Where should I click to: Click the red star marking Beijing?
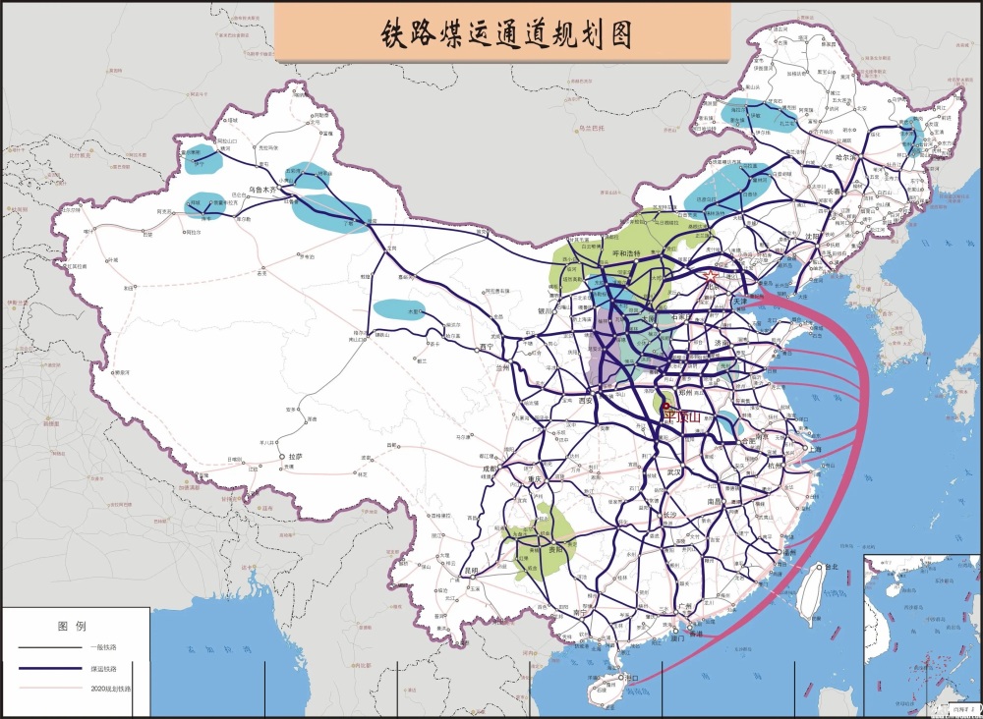(710, 278)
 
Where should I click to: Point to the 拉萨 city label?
(294, 458)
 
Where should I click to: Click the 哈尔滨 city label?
(847, 157)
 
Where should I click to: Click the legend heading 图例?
(73, 626)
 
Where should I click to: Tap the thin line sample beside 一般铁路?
(49, 648)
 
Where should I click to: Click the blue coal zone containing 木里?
(400, 309)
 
